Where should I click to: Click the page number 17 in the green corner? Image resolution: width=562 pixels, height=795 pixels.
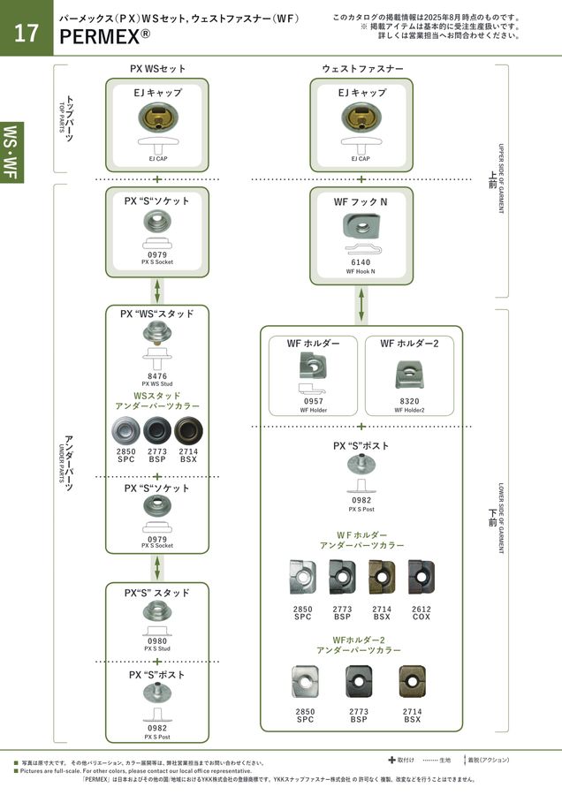click(x=26, y=34)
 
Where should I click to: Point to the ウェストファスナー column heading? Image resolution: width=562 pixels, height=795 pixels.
click(x=362, y=68)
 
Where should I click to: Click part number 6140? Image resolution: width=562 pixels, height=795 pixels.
click(x=361, y=262)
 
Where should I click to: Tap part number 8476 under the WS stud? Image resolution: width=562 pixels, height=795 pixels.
click(x=157, y=375)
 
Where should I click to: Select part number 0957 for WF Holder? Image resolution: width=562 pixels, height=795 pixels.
click(x=313, y=400)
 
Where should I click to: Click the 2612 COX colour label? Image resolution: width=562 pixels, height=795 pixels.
click(x=421, y=613)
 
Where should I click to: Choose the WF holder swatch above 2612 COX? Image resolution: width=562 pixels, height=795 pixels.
click(x=421, y=577)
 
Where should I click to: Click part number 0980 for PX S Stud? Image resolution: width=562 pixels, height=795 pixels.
click(x=157, y=641)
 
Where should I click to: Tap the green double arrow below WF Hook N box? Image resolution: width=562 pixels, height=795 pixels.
click(x=361, y=305)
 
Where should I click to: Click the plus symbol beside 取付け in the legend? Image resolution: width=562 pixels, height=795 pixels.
click(x=391, y=759)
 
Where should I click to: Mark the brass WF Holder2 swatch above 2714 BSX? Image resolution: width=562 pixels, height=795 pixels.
click(x=411, y=682)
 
